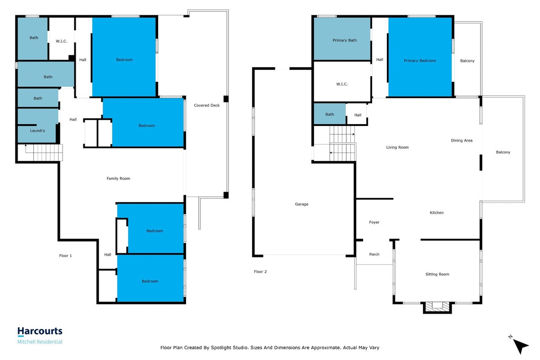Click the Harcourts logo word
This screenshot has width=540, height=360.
[40, 331]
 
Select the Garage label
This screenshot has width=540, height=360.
[302, 204]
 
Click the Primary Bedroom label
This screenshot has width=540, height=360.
[420, 61]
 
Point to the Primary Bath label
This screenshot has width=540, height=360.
[345, 40]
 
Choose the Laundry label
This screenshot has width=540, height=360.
[37, 131]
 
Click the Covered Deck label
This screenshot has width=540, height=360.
[207, 105]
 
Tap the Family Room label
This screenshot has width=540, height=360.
[118, 178]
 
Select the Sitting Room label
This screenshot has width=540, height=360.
[437, 274]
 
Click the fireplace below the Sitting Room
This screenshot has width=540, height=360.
[437, 306]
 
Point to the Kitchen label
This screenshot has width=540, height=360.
[437, 213]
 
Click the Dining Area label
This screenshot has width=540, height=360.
[462, 140]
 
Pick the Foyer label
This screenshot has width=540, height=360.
[374, 222]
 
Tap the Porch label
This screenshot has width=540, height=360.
[374, 254]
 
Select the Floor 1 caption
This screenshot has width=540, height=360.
[65, 256]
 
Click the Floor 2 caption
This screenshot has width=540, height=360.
[260, 271]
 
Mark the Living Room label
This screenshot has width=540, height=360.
[397, 147]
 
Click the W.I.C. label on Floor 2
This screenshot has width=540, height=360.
[342, 84]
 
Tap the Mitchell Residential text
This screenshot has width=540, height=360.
[40, 342]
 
